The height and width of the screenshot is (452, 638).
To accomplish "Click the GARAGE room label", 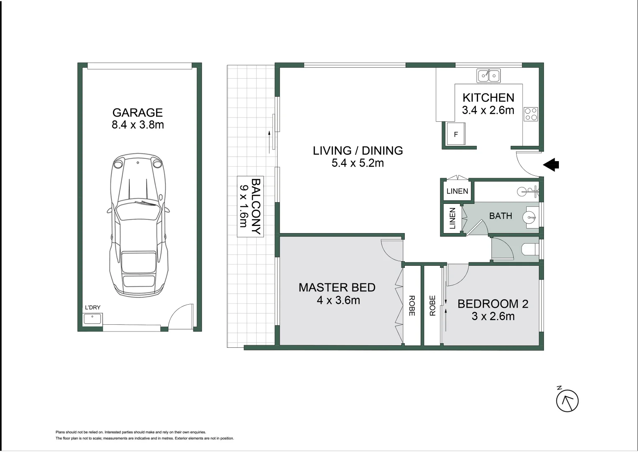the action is [138, 113].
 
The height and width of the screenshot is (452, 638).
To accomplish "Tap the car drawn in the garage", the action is [138, 225].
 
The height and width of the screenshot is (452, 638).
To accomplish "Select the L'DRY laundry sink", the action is [93, 319].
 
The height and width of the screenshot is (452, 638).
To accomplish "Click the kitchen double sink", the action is [489, 76].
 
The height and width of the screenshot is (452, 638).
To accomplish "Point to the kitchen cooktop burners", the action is [531, 114].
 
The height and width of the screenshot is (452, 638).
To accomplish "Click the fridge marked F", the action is [456, 134].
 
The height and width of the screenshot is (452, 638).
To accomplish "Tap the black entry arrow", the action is [551, 164].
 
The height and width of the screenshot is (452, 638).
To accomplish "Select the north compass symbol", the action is [567, 401].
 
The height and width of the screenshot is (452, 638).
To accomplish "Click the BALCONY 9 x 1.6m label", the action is [250, 206].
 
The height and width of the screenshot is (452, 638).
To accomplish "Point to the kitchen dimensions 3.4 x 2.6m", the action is [488, 110].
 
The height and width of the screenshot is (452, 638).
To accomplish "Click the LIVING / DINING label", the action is [358, 151].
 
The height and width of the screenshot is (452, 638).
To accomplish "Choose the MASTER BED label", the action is [337, 288].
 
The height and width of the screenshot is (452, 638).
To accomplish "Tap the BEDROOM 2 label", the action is [493, 304].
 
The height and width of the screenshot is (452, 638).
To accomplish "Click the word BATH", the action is [500, 216].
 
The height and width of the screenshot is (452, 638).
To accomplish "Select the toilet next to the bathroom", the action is [530, 249].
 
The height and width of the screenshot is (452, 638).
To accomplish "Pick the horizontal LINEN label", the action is [457, 191].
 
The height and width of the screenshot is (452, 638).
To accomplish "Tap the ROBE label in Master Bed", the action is [412, 306].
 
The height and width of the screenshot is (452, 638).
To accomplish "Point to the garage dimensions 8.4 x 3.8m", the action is [138, 125].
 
